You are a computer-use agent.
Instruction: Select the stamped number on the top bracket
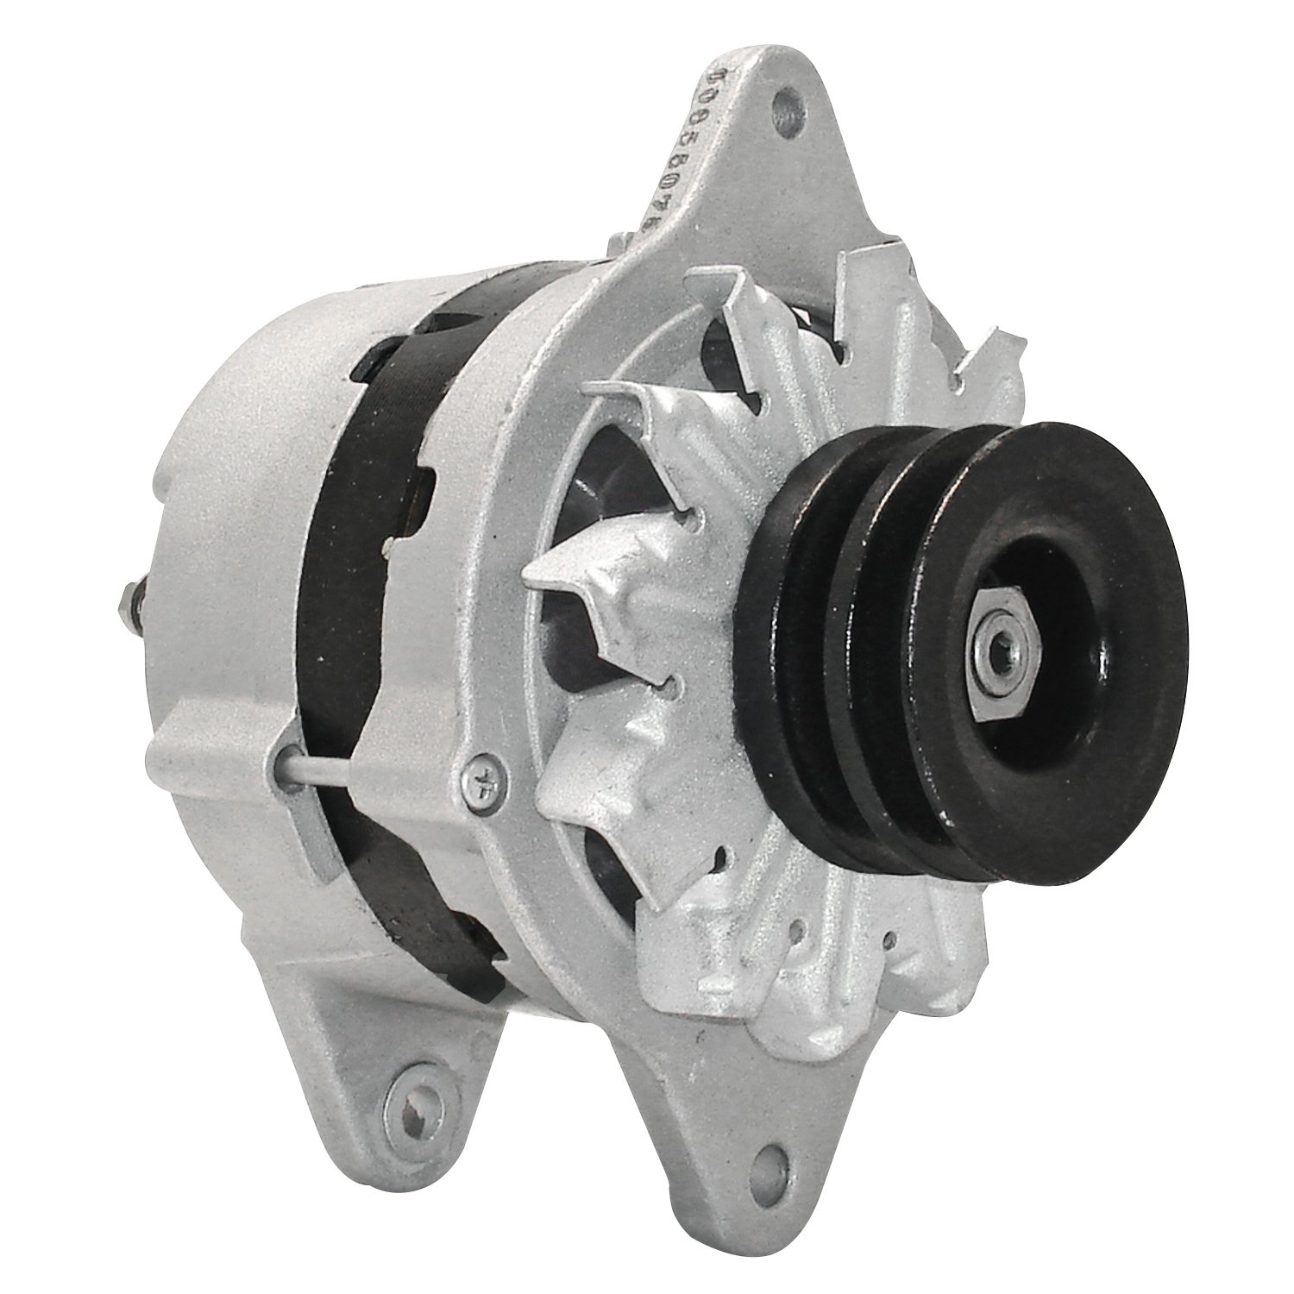(x=688, y=151)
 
